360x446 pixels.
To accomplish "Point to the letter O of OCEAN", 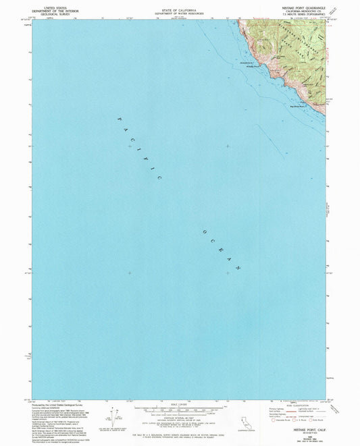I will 200,231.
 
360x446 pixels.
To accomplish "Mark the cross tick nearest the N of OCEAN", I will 228,273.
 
